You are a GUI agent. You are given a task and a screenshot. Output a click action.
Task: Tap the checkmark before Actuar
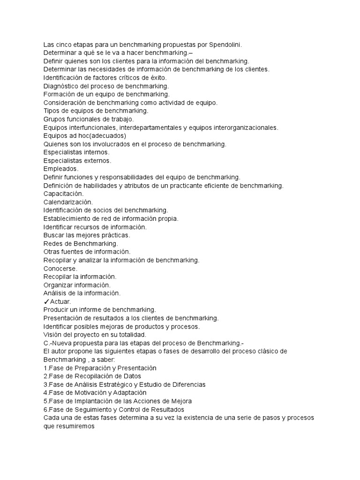(x=46, y=301)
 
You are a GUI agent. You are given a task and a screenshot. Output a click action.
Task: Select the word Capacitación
(x=64, y=193)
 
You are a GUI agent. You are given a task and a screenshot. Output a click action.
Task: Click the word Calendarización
(x=68, y=202)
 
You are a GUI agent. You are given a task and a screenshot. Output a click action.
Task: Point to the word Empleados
(x=61, y=168)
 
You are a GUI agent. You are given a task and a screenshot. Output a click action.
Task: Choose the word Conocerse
(x=60, y=268)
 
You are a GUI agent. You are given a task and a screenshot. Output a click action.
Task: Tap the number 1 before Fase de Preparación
(x=45, y=368)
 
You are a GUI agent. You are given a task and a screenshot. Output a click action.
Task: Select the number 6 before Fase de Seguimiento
(x=45, y=409)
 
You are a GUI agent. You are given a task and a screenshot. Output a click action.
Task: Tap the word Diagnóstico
(x=62, y=86)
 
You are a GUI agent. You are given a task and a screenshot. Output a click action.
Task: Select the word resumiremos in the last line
(x=75, y=426)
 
